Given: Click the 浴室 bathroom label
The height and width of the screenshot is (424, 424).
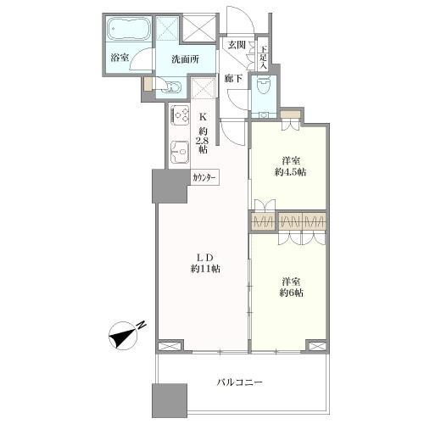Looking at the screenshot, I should point(119,58).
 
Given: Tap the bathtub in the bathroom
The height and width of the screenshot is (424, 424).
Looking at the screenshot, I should point(129,30).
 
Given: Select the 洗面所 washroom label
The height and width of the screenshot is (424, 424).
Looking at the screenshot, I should point(185,59).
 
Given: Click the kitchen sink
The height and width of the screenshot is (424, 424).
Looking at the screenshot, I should point(179,152).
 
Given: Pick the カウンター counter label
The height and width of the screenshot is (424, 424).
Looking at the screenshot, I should point(205,178).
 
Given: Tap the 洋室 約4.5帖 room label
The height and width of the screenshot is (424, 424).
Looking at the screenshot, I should point(288,165).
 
